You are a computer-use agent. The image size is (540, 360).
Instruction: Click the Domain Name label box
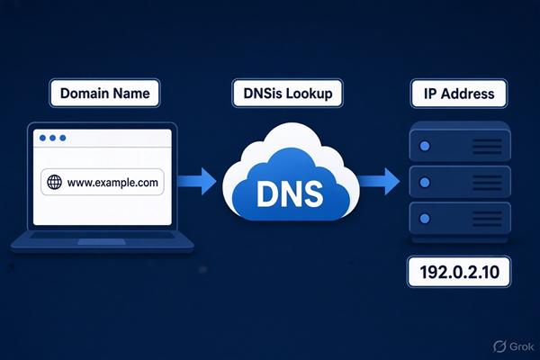tap(105, 93)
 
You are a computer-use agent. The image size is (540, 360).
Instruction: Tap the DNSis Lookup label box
tap(288, 93)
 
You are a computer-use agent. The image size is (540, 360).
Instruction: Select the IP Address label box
tap(459, 94)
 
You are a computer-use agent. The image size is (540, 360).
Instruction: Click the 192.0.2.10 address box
tap(459, 272)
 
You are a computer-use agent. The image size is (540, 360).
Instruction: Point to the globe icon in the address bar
tap(54, 182)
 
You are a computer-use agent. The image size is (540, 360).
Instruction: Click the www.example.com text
tap(112, 182)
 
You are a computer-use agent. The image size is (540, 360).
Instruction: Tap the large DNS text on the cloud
tap(290, 193)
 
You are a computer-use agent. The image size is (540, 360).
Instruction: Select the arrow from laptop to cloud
tap(196, 181)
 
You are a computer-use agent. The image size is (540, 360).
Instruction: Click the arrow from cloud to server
tap(378, 181)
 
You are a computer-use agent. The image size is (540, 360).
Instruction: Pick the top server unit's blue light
tap(425, 146)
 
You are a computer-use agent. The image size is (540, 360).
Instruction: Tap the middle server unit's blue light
tap(425, 182)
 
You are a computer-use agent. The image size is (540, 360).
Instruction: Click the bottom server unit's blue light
tap(425, 219)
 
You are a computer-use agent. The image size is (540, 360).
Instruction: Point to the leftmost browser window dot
tap(42, 138)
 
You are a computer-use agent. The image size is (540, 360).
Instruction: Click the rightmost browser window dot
tap(63, 138)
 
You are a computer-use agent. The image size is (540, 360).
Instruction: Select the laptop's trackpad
tap(102, 242)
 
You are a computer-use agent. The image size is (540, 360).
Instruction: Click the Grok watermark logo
tap(499, 346)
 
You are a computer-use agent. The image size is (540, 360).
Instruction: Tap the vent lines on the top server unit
tap(487, 147)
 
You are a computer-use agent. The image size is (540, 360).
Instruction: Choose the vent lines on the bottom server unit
tap(487, 219)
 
